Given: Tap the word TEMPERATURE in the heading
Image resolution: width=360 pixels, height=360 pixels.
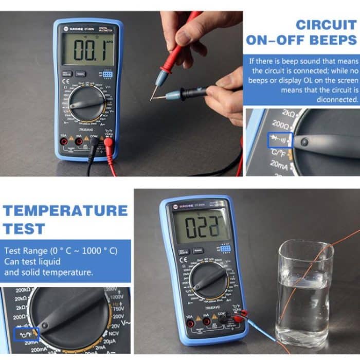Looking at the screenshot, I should click(65, 210).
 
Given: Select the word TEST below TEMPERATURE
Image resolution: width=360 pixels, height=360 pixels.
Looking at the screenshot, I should click(24, 228).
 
